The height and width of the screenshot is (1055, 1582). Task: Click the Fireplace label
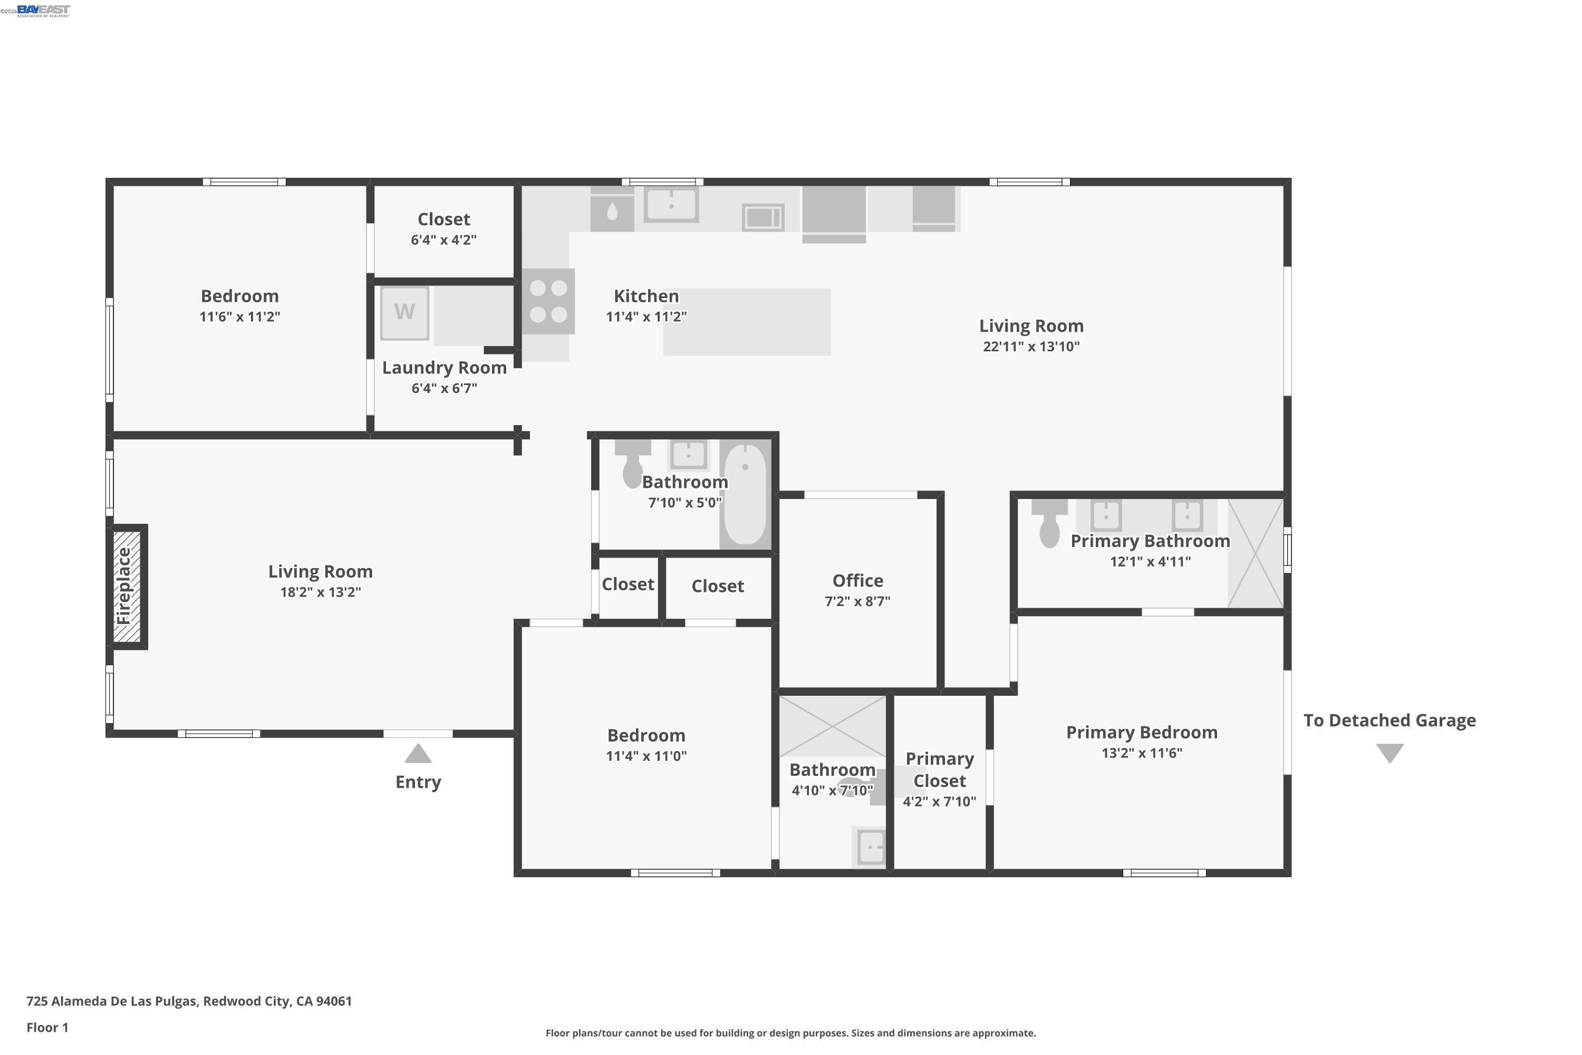point(125,587)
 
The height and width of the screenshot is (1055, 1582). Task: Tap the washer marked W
point(404,313)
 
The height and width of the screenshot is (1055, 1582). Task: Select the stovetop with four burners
point(548,301)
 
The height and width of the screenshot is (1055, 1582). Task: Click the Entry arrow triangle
point(418,754)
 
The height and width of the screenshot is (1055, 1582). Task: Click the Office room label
point(857,581)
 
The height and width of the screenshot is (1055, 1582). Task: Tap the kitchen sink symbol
point(671,204)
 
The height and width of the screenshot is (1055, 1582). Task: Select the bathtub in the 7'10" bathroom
point(745,495)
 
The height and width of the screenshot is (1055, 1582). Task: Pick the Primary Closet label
point(940,770)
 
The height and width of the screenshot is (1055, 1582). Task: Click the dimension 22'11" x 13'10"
point(1031,347)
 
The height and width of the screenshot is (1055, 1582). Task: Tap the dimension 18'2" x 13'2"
point(320,592)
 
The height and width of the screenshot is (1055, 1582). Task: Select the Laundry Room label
point(444,368)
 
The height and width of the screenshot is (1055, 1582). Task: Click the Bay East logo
point(43,10)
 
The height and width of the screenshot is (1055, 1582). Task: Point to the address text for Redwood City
point(189,1001)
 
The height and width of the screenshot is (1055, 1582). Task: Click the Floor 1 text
point(47,1028)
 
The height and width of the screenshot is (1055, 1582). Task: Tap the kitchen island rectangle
point(747,322)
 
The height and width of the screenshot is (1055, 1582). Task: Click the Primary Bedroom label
point(1142,732)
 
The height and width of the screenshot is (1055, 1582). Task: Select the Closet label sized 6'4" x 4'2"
point(444,219)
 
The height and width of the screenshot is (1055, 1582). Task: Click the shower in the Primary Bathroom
point(1255,553)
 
